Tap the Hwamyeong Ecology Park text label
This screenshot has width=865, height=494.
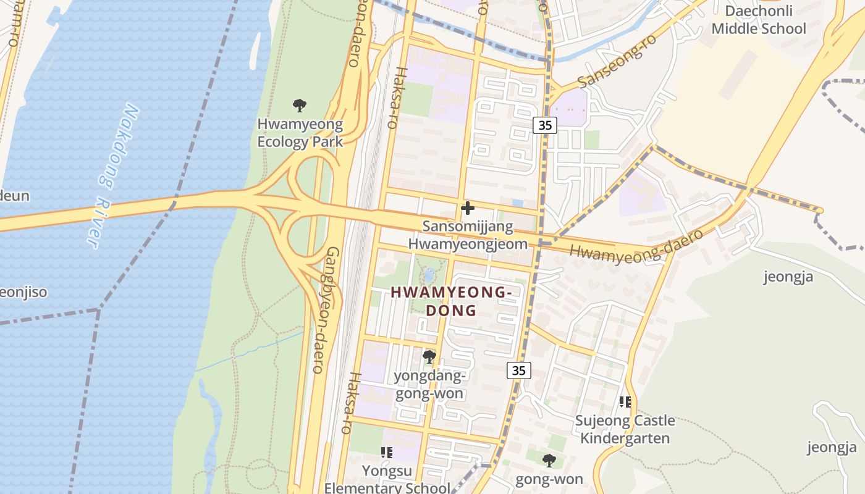pyautogui.click(x=300, y=133)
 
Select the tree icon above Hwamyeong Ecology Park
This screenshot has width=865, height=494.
pyautogui.click(x=300, y=105)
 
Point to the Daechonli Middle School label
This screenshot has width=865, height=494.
pyautogui.click(x=759, y=20)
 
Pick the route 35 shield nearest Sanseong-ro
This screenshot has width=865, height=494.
pyautogui.click(x=544, y=125)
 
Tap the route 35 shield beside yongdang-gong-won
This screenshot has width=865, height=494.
pyautogui.click(x=519, y=371)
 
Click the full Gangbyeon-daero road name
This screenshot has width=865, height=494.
pyautogui.click(x=325, y=310)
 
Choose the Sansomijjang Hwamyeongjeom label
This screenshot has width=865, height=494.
pyautogui.click(x=468, y=235)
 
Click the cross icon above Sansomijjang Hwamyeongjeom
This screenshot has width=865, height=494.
pyautogui.click(x=468, y=208)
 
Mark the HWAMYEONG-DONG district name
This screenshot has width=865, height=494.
pyautogui.click(x=451, y=301)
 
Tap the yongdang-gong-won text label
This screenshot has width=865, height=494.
pyautogui.click(x=429, y=385)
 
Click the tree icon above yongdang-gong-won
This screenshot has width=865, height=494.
pyautogui.click(x=429, y=356)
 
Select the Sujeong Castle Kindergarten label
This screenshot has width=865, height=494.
pyautogui.click(x=625, y=430)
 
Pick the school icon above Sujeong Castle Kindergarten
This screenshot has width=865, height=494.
pyautogui.click(x=625, y=402)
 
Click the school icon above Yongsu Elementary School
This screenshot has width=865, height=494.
pyautogui.click(x=387, y=453)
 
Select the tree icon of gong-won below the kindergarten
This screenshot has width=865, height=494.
pyautogui.click(x=549, y=460)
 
